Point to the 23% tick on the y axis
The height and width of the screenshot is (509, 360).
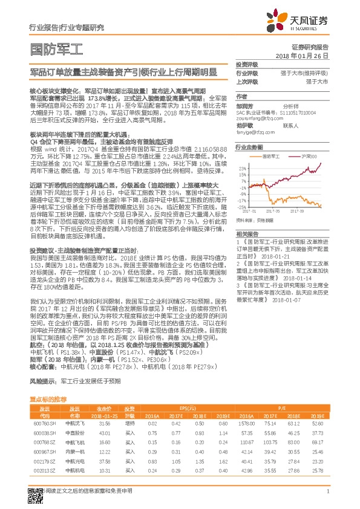tap(243, 167)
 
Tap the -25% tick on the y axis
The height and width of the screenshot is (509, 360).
tap(243, 206)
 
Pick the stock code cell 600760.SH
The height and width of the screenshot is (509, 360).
tap(41, 424)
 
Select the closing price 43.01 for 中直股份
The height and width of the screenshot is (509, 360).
tap(104, 433)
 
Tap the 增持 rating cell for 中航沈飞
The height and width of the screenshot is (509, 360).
tap(129, 424)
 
